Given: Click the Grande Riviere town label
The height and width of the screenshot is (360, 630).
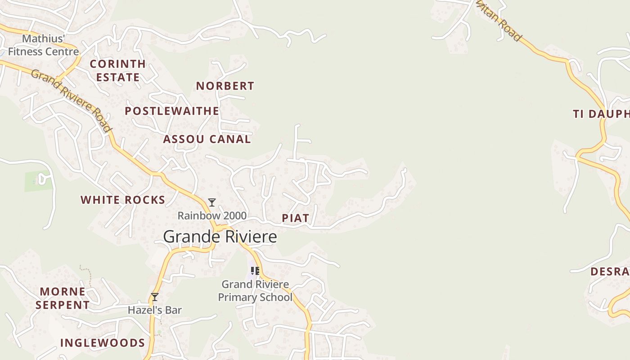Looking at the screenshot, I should tap(220, 237).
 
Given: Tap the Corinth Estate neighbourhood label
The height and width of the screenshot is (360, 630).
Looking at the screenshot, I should tap(118, 71).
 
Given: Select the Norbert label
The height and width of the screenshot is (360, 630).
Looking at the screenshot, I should tap(225, 86).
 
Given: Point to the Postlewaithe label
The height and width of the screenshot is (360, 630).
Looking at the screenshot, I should tap(172, 111).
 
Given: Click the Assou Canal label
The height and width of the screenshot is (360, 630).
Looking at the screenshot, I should tap(207, 139).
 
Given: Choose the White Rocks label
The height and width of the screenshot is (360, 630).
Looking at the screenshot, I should tap(123, 200).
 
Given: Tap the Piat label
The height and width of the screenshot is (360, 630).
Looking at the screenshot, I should tap(295, 218).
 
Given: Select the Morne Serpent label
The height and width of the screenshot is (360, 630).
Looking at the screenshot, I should tap(63, 298).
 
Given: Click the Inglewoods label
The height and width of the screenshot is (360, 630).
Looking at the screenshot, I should tap(103, 343).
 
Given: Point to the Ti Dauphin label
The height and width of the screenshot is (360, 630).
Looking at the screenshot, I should tap(601, 114).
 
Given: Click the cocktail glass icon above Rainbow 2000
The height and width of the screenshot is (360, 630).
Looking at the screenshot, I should tap(212, 202).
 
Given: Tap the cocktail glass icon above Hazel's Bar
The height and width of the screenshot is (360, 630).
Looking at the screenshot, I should tap(155, 297).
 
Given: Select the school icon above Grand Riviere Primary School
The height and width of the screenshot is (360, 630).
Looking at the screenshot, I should tap(255, 270).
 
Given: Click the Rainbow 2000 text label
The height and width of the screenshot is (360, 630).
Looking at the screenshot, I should tap(212, 216).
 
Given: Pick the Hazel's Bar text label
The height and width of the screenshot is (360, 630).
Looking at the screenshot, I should tap(155, 310).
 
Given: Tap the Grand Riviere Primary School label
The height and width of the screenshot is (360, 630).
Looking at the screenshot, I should tap(255, 291).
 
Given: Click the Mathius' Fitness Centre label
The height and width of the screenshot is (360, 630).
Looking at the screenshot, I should tap(44, 45).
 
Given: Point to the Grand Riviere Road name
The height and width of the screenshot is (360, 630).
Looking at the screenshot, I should tap(71, 100).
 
